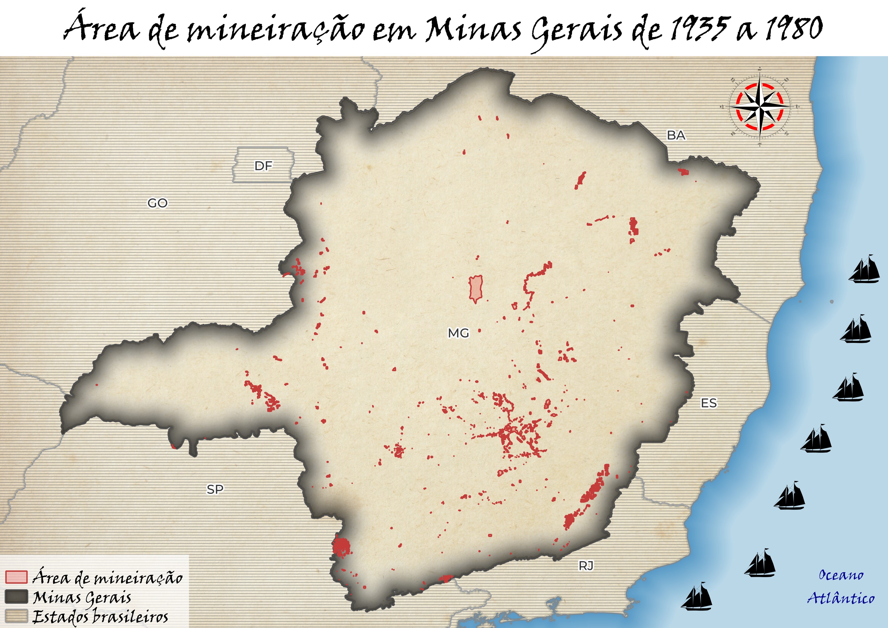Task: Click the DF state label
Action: pyautogui.click(x=263, y=166)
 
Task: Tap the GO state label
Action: pyautogui.click(x=157, y=203)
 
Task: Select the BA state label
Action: pyautogui.click(x=676, y=135)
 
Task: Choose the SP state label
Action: pyautogui.click(x=215, y=489)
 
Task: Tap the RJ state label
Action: pyautogui.click(x=586, y=566)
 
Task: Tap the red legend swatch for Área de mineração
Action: pyautogui.click(x=16, y=577)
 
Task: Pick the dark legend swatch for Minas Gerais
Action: pyautogui.click(x=16, y=597)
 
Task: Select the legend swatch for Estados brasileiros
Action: pyautogui.click(x=16, y=616)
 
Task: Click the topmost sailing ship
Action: pyautogui.click(x=865, y=269)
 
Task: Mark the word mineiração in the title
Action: pyautogui.click(x=275, y=29)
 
